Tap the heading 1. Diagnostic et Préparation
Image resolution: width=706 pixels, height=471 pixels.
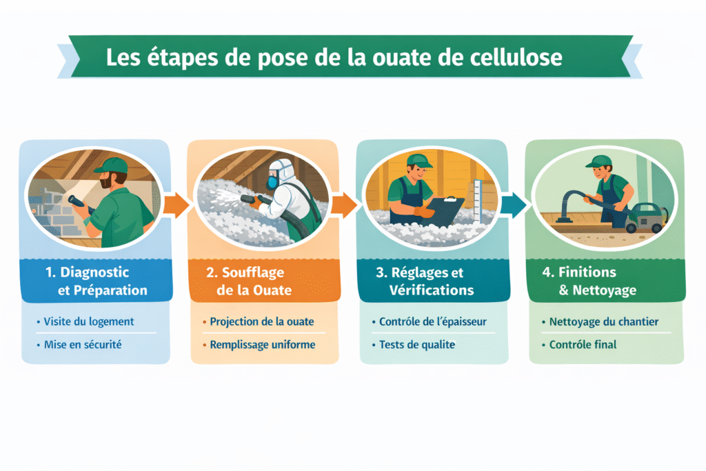tap(97, 281)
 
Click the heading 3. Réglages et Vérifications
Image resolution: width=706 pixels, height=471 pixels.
tap(425, 281)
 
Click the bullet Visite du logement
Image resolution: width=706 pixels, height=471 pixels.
tap(89, 321)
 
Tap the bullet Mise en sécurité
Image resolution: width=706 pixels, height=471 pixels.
tap(83, 345)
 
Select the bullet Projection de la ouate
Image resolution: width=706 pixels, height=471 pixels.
tap(261, 321)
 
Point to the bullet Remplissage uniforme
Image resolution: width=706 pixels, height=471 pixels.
tap(263, 345)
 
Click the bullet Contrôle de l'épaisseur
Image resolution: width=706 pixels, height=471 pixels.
tap(433, 321)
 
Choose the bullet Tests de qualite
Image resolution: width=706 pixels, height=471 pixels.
tap(417, 345)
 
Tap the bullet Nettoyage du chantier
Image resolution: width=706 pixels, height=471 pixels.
tap(604, 321)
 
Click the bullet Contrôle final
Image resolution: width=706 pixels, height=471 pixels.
tap(583, 345)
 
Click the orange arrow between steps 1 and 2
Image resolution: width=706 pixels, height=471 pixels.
tap(176, 206)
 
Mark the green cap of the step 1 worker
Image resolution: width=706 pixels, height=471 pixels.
tap(112, 166)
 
